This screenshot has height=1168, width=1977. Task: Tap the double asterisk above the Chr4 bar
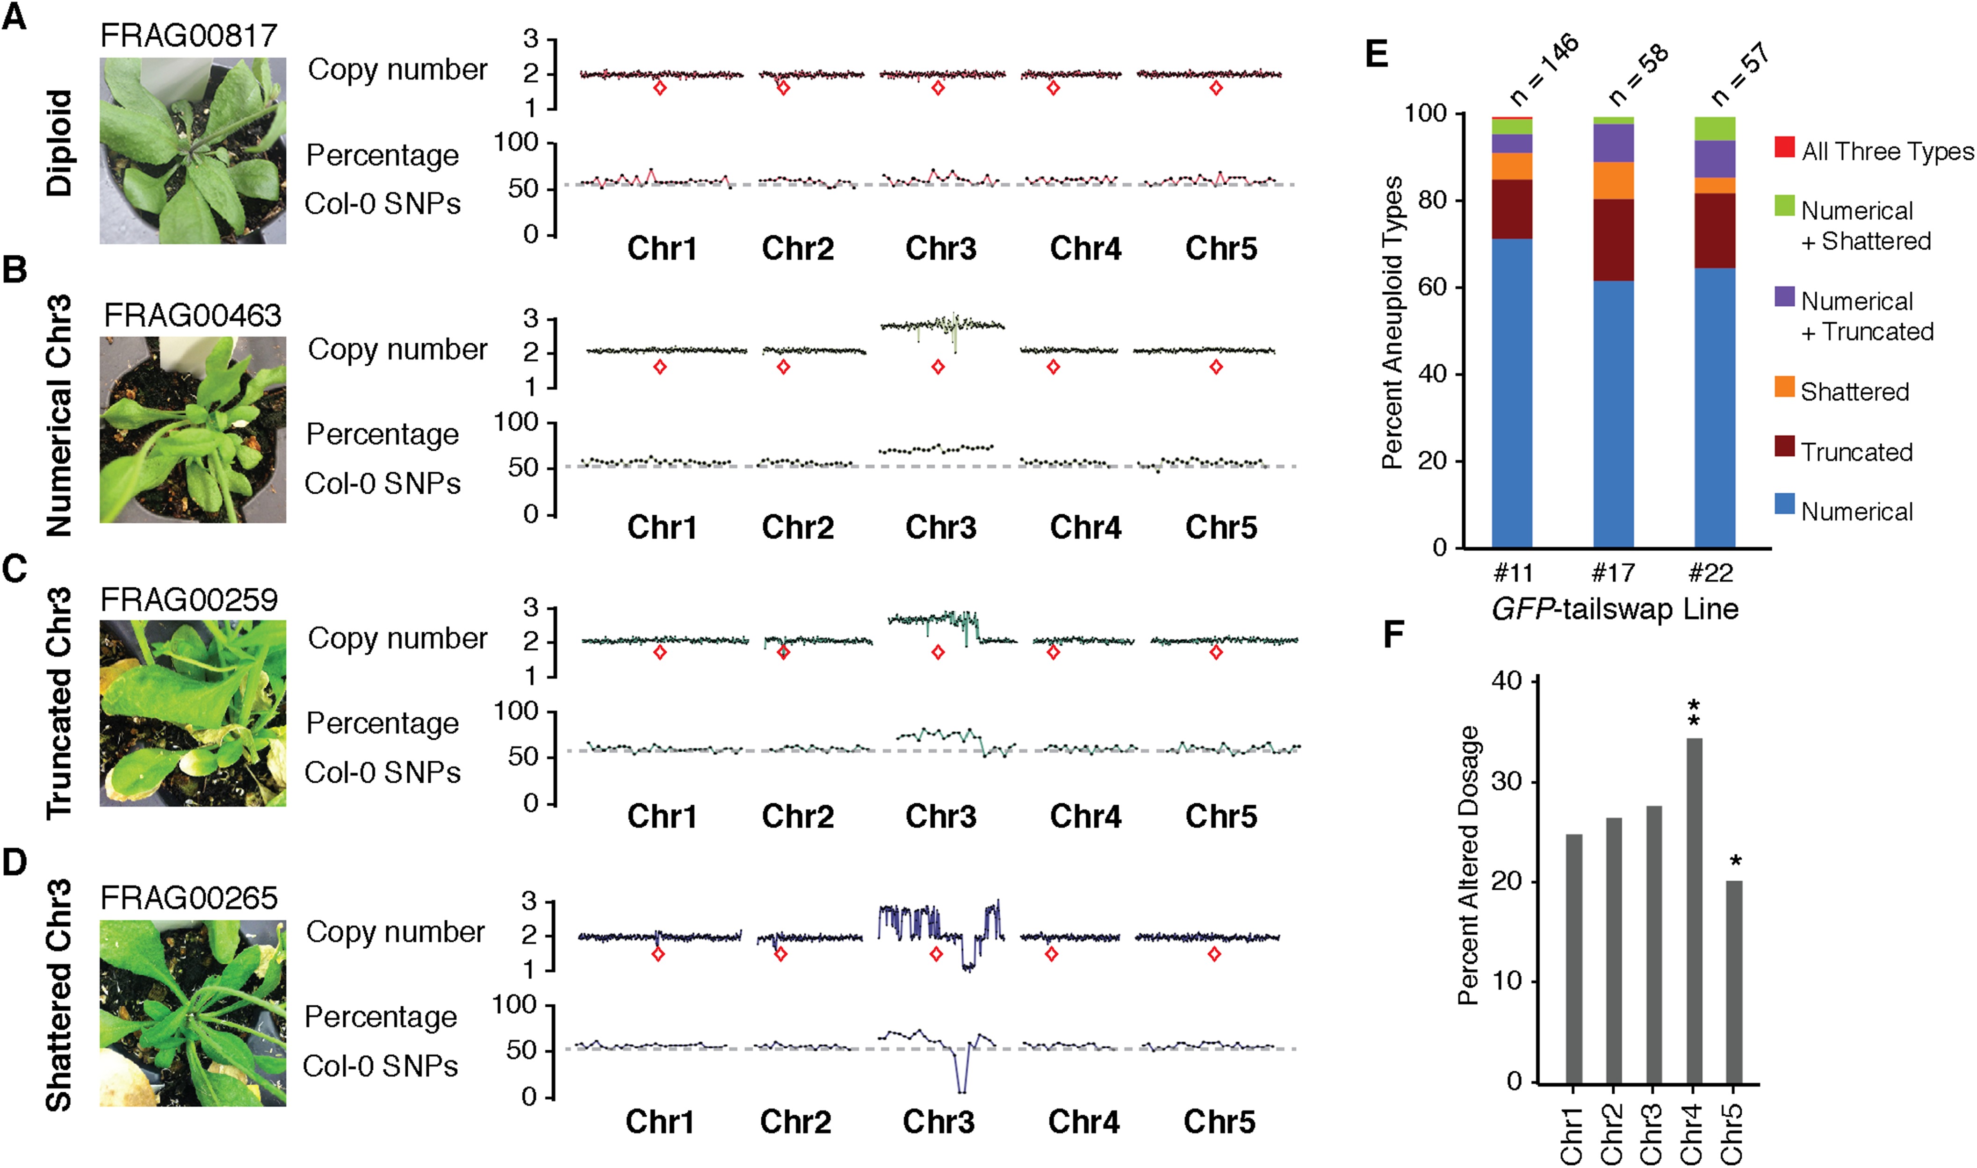[1694, 713]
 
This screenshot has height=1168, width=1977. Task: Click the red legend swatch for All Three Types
[1784, 147]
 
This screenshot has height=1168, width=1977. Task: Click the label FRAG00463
[193, 316]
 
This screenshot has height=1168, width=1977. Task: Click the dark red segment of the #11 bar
[1512, 209]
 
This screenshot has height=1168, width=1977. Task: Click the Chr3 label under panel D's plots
[938, 1122]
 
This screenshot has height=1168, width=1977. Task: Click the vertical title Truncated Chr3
[59, 703]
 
